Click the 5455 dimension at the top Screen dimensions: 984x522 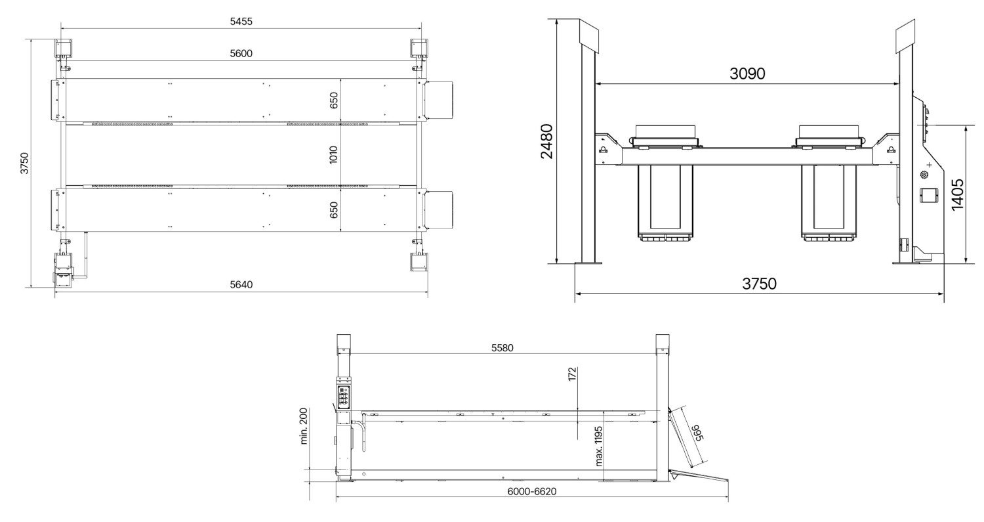coord(241,22)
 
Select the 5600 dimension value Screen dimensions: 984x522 coord(241,54)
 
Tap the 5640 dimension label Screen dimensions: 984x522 coord(241,284)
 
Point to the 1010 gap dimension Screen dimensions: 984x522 coord(333,155)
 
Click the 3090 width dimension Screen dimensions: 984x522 coord(747,74)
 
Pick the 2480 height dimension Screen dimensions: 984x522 coord(547,141)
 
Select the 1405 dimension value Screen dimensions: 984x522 coord(958,195)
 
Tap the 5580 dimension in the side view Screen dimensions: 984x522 coord(502,348)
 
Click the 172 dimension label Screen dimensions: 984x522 coord(572,374)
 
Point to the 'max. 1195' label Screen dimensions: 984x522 coord(598,446)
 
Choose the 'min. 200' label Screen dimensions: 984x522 coord(304,426)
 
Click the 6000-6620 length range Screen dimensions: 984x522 coord(532,491)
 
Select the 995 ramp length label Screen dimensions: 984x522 coord(697,433)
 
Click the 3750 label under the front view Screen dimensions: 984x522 coord(760,284)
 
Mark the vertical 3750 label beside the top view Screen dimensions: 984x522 coord(25,163)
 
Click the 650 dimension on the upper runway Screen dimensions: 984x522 coord(334,100)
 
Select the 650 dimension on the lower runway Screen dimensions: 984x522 coord(334,209)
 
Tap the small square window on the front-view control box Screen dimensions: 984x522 coord(929,196)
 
